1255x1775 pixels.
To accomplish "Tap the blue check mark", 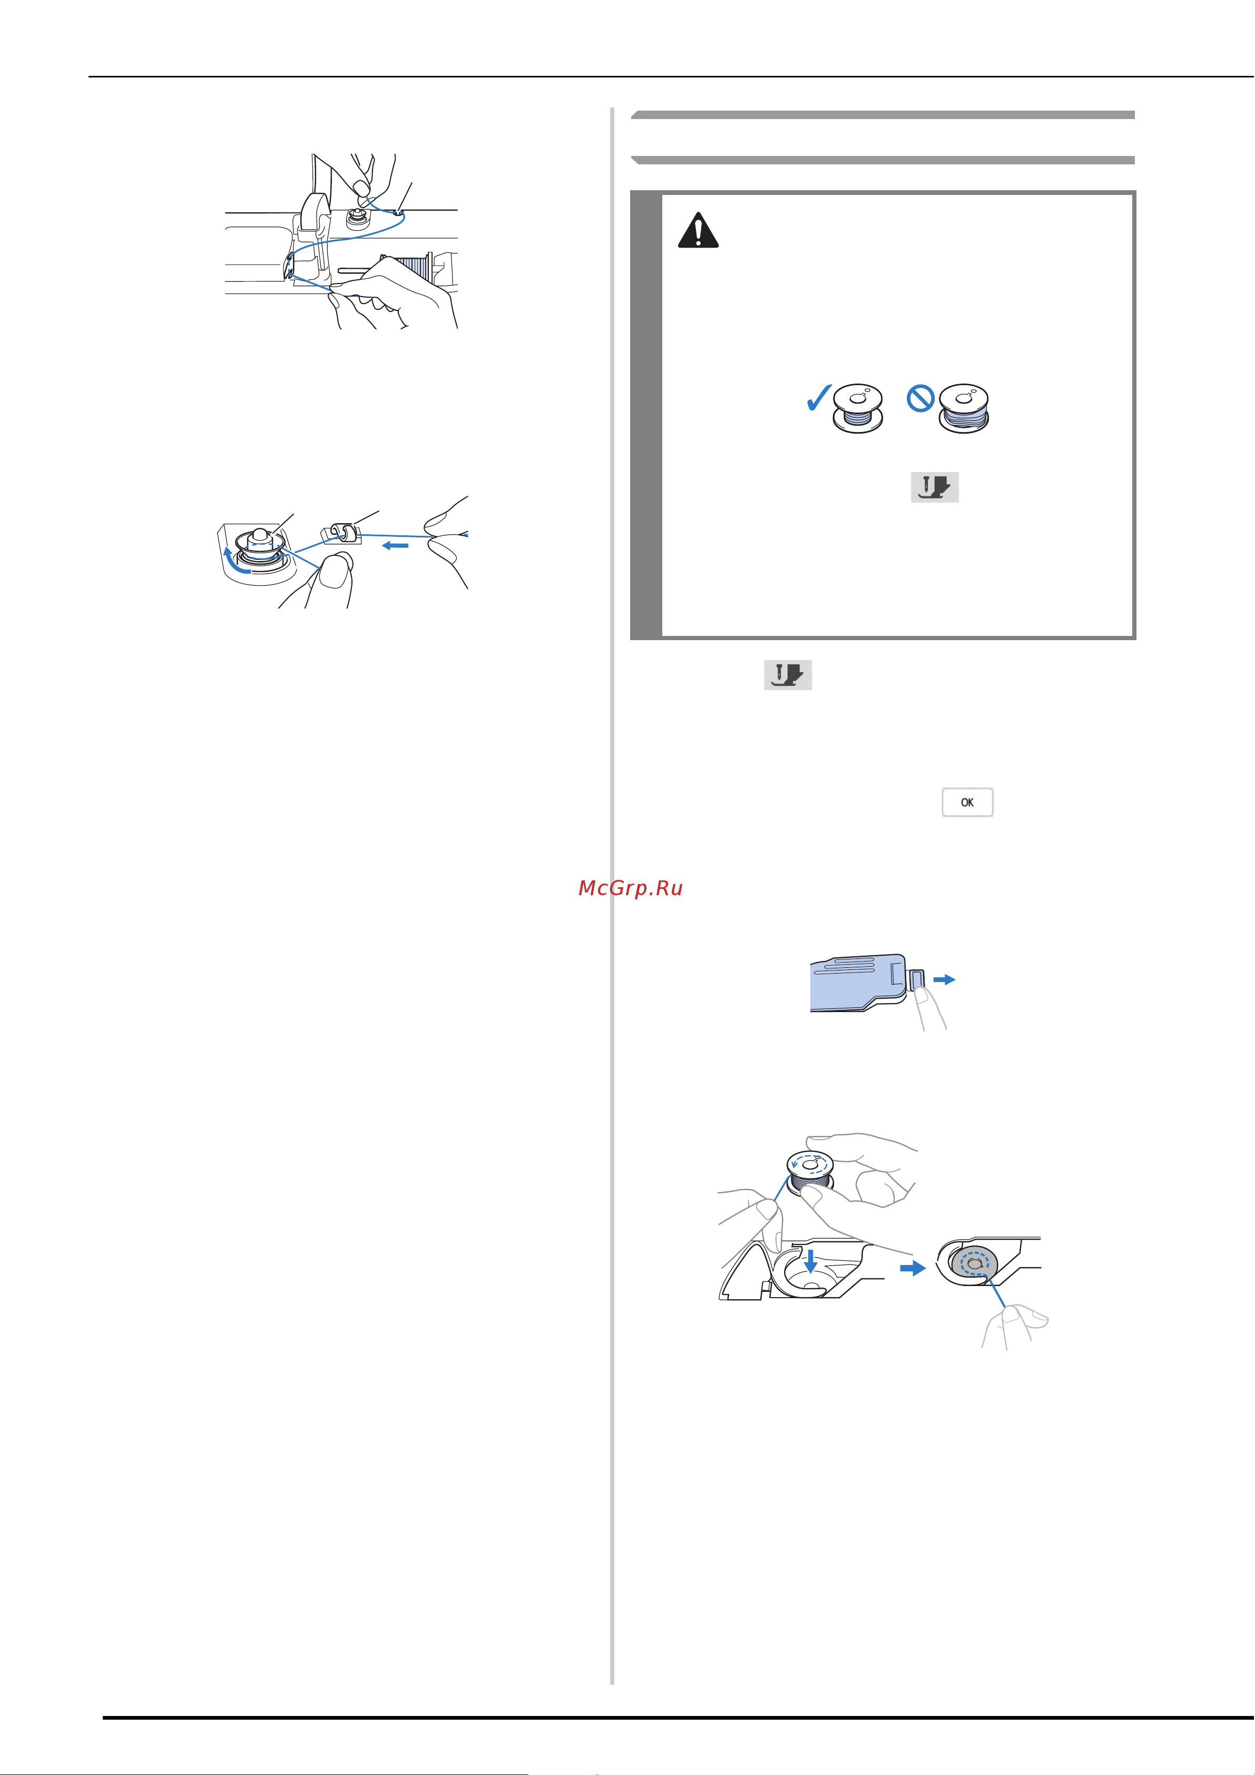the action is (818, 397).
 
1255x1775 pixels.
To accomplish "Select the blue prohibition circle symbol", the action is (921, 399).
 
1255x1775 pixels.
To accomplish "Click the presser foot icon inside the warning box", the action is (935, 487).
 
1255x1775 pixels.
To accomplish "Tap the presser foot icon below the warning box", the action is (788, 675).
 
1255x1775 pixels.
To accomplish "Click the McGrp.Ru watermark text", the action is (630, 888).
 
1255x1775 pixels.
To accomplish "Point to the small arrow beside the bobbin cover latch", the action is (944, 979).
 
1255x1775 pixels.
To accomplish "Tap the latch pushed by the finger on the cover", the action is (917, 980).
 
